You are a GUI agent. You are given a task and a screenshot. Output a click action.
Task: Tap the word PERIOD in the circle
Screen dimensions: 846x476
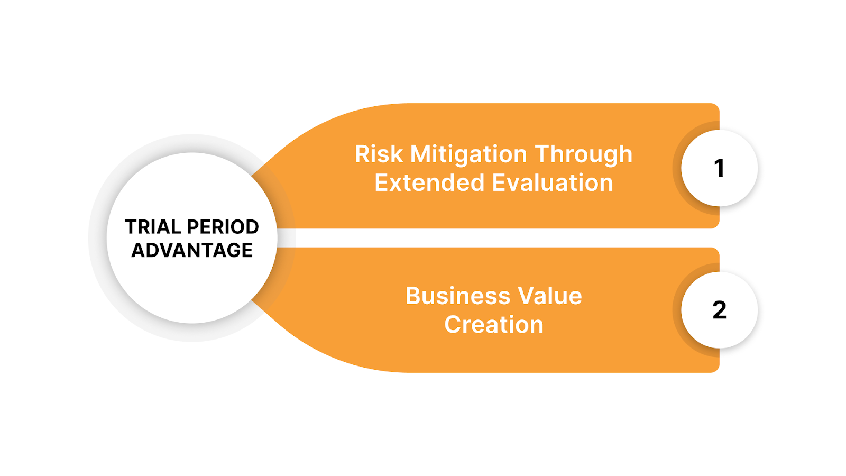[223, 227]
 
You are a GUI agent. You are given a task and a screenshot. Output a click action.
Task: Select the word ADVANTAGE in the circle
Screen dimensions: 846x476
[192, 250]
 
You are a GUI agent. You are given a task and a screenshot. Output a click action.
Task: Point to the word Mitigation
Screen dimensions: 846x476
[468, 154]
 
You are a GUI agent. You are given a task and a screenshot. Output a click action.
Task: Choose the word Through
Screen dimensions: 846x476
[583, 154]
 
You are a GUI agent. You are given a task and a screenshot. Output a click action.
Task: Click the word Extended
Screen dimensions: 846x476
[429, 183]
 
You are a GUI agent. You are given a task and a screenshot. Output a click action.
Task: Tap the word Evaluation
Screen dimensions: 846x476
[553, 183]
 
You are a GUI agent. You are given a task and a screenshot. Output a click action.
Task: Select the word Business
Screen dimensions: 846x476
[458, 296]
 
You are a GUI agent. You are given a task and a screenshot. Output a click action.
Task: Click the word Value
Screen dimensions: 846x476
[550, 296]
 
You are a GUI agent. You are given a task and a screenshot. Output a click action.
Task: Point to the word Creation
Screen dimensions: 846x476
[494, 325]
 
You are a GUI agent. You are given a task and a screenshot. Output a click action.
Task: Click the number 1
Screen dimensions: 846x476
[719, 168]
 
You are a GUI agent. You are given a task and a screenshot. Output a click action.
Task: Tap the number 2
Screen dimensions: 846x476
[719, 310]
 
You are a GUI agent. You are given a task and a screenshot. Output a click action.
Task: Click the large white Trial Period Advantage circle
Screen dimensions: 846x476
[192, 286]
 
